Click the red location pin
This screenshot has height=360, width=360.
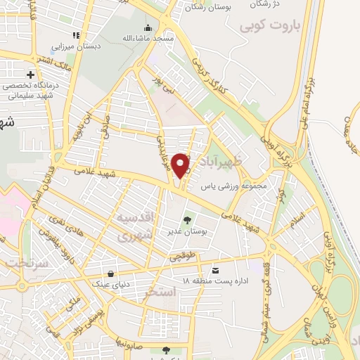181,165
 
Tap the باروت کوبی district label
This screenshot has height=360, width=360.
270,28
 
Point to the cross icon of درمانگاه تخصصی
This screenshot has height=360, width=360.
30,74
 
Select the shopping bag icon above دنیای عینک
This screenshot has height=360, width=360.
110,274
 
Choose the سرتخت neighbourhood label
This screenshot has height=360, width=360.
25,263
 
